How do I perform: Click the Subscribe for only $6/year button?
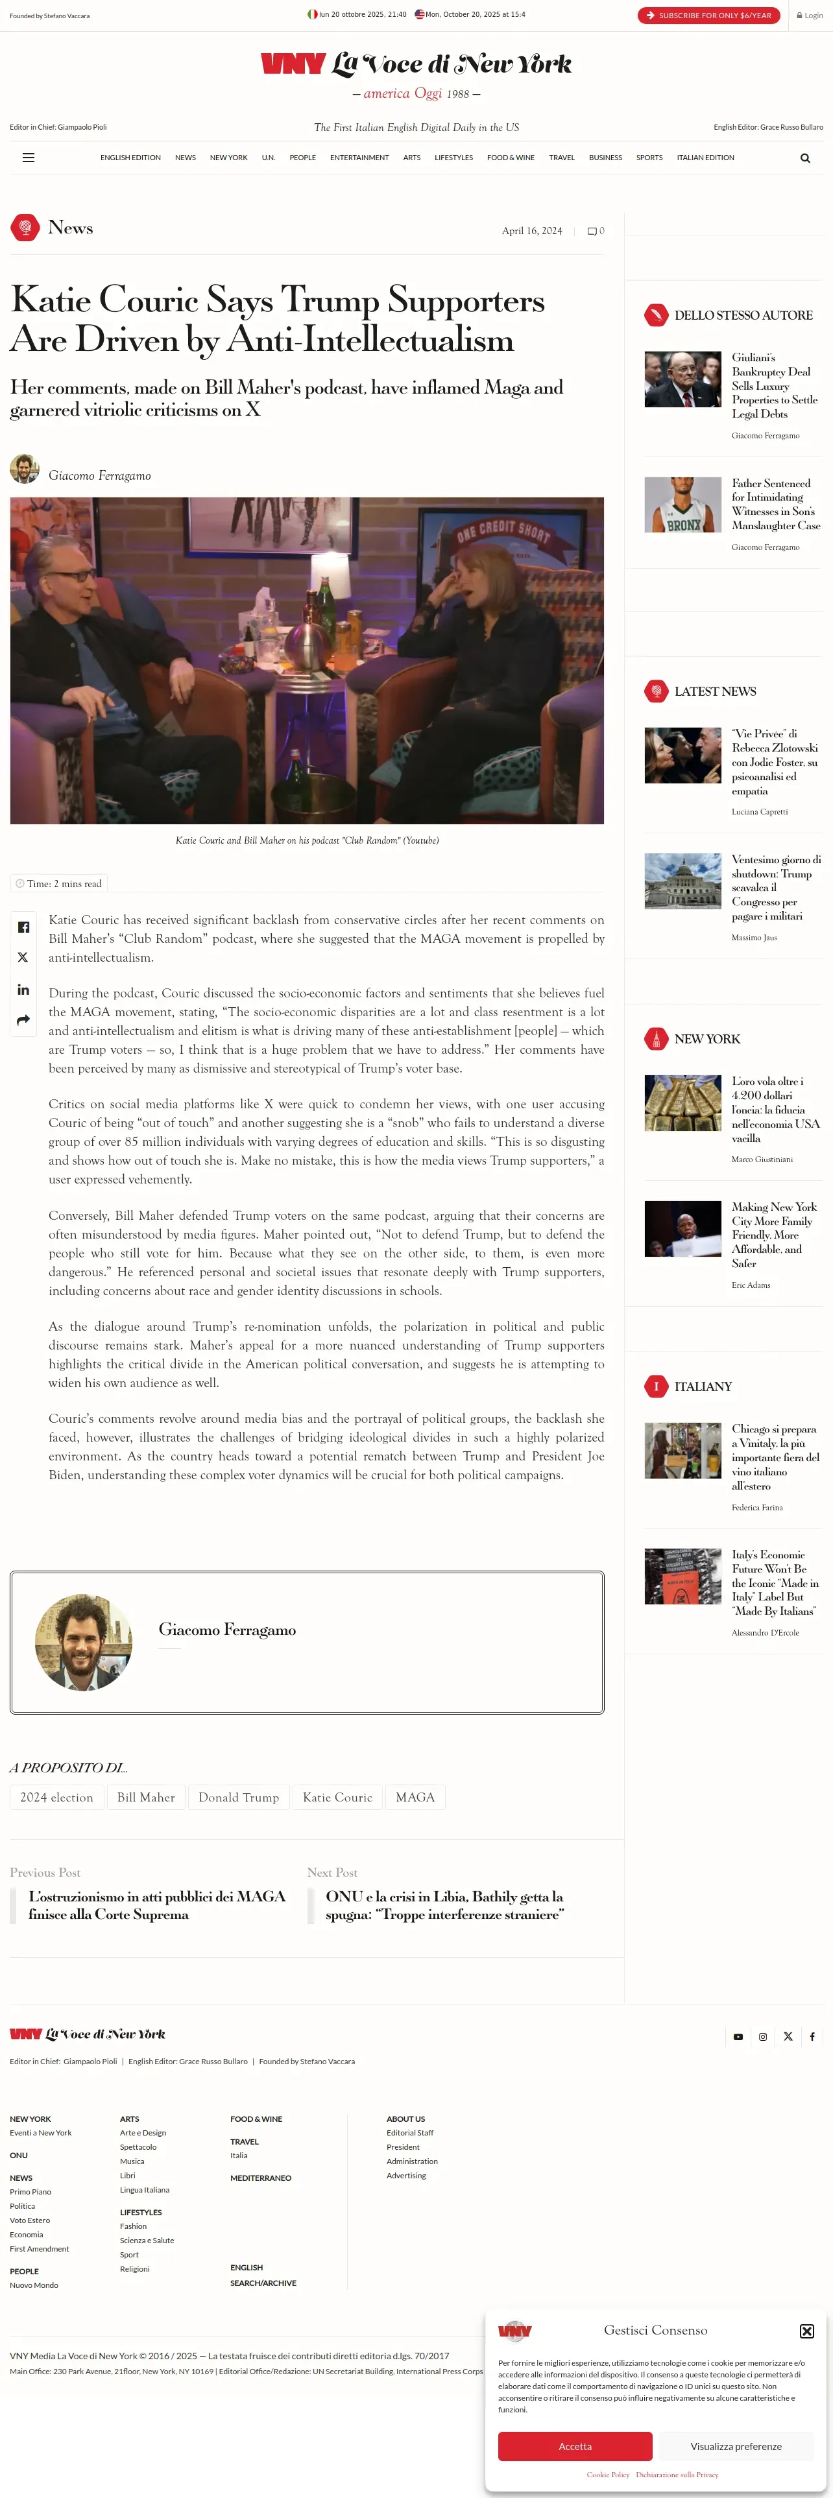(x=709, y=16)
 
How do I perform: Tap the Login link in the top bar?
(x=810, y=16)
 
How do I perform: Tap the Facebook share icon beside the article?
(x=23, y=927)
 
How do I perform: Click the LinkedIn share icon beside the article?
(x=23, y=989)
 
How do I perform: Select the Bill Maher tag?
(x=145, y=1797)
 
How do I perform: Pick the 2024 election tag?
(x=57, y=1797)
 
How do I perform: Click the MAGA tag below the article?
(x=415, y=1797)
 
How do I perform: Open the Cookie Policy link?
(x=608, y=2474)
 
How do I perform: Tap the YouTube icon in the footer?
(x=738, y=2036)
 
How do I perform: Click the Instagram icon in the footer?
(x=763, y=2036)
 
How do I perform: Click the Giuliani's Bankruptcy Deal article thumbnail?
(x=682, y=379)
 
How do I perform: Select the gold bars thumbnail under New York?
(x=682, y=1102)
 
